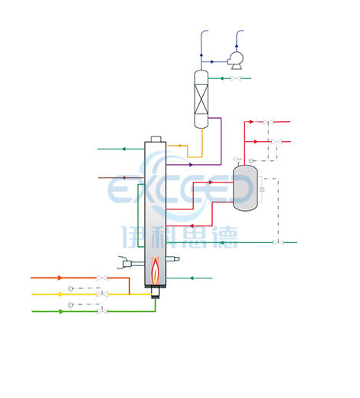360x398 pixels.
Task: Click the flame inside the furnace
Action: (x=155, y=271)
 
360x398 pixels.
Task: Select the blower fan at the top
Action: (x=235, y=61)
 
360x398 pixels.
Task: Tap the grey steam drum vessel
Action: (x=245, y=188)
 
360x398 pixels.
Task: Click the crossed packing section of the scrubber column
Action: (x=201, y=99)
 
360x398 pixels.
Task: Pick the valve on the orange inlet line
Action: (x=102, y=278)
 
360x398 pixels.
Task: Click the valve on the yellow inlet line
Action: (x=102, y=294)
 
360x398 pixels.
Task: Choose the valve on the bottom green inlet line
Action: (x=103, y=311)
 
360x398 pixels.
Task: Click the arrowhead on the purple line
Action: (x=191, y=165)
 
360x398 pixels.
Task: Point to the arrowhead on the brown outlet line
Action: (x=123, y=178)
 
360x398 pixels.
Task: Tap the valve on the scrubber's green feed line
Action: (x=235, y=78)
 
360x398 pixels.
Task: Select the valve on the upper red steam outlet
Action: (x=268, y=122)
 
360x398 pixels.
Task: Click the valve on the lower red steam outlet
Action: (x=277, y=142)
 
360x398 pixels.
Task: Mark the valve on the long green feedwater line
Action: (x=278, y=242)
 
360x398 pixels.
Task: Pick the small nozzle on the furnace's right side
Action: (x=172, y=259)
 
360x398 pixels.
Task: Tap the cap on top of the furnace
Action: (x=155, y=139)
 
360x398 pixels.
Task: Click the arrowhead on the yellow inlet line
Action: (x=61, y=294)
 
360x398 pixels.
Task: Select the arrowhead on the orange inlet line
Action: (x=60, y=278)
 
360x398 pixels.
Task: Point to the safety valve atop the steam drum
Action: (x=237, y=160)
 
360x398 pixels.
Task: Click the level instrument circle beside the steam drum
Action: (x=262, y=189)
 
